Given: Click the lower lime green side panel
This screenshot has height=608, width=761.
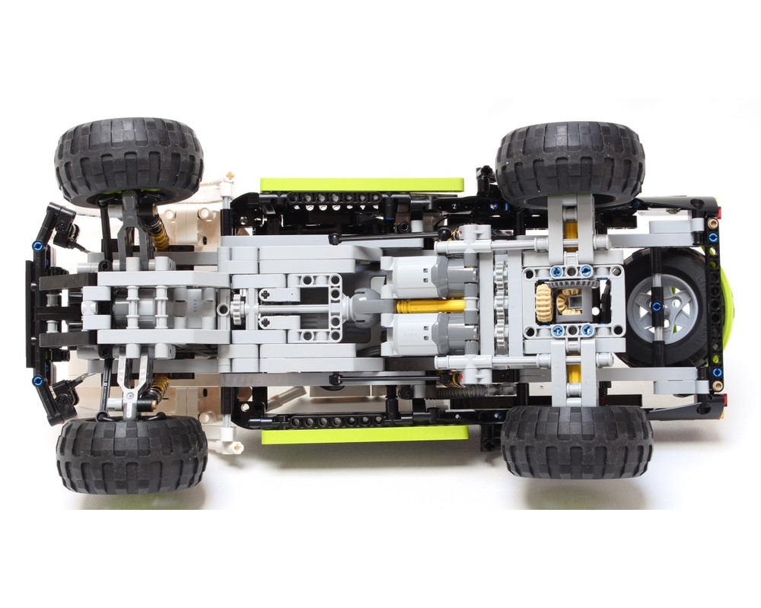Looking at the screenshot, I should (x=365, y=435).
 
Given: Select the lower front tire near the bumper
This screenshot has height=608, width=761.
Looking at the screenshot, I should (x=131, y=454).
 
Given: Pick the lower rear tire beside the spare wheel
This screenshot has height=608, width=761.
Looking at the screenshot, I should (x=576, y=441).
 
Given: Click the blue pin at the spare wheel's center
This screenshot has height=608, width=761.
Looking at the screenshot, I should (x=654, y=306).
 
